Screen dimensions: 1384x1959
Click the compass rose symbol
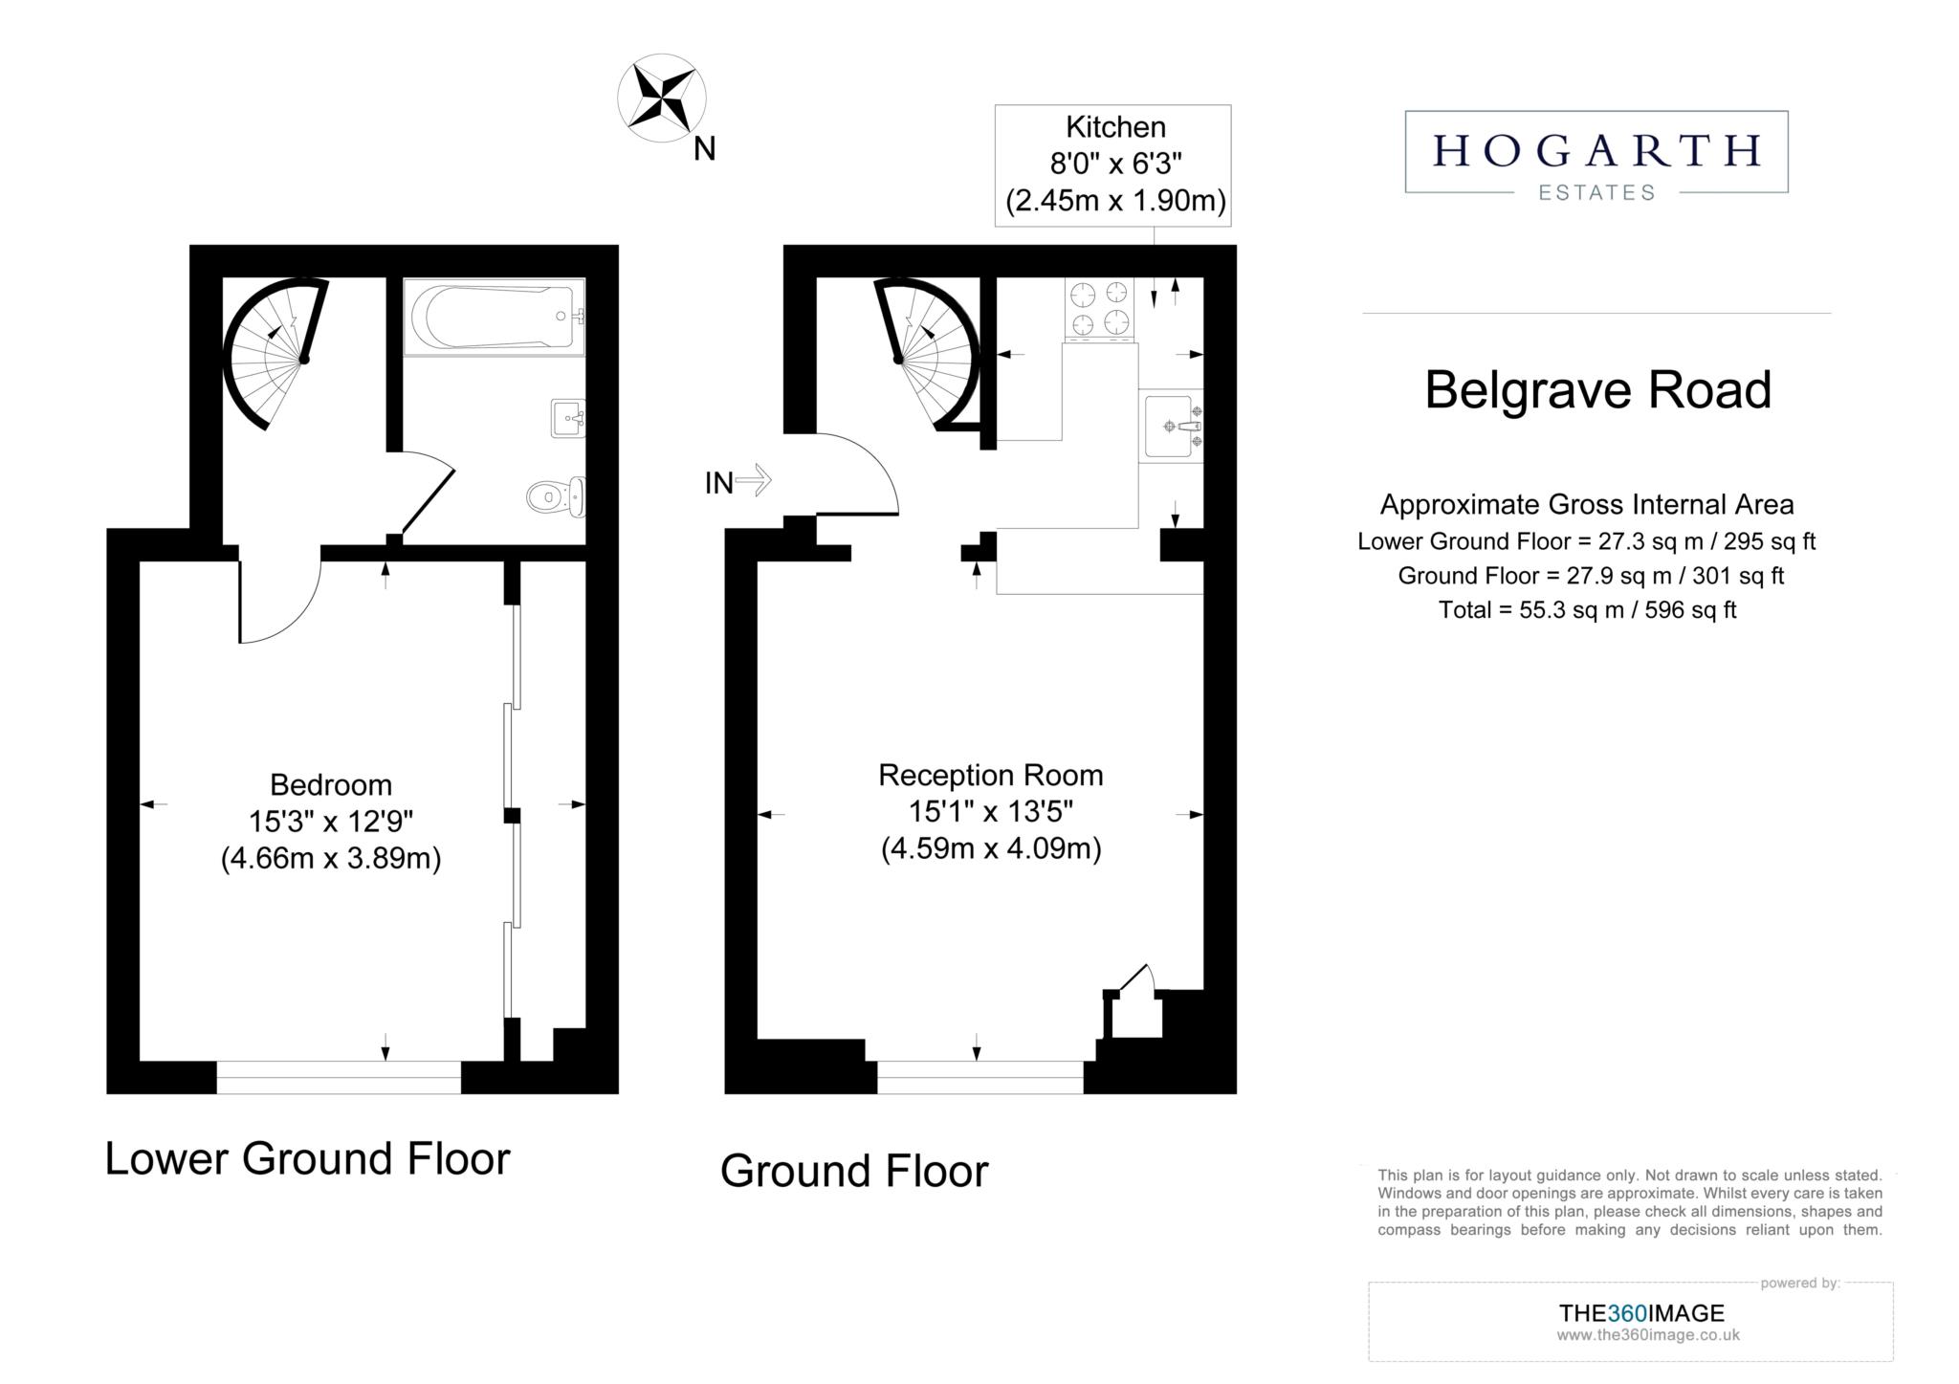point(662,98)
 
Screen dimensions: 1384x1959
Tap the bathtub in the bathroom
point(493,317)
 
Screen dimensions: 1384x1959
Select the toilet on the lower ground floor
point(556,496)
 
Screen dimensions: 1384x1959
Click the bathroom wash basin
point(568,418)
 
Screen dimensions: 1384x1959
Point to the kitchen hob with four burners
point(1098,308)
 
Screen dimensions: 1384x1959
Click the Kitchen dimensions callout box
point(1113,165)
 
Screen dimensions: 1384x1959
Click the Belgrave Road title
point(1597,390)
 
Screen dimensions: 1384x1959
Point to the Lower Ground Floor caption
point(307,1159)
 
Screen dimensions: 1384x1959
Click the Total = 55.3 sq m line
point(1587,610)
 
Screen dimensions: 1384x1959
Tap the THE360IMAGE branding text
point(1641,1313)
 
